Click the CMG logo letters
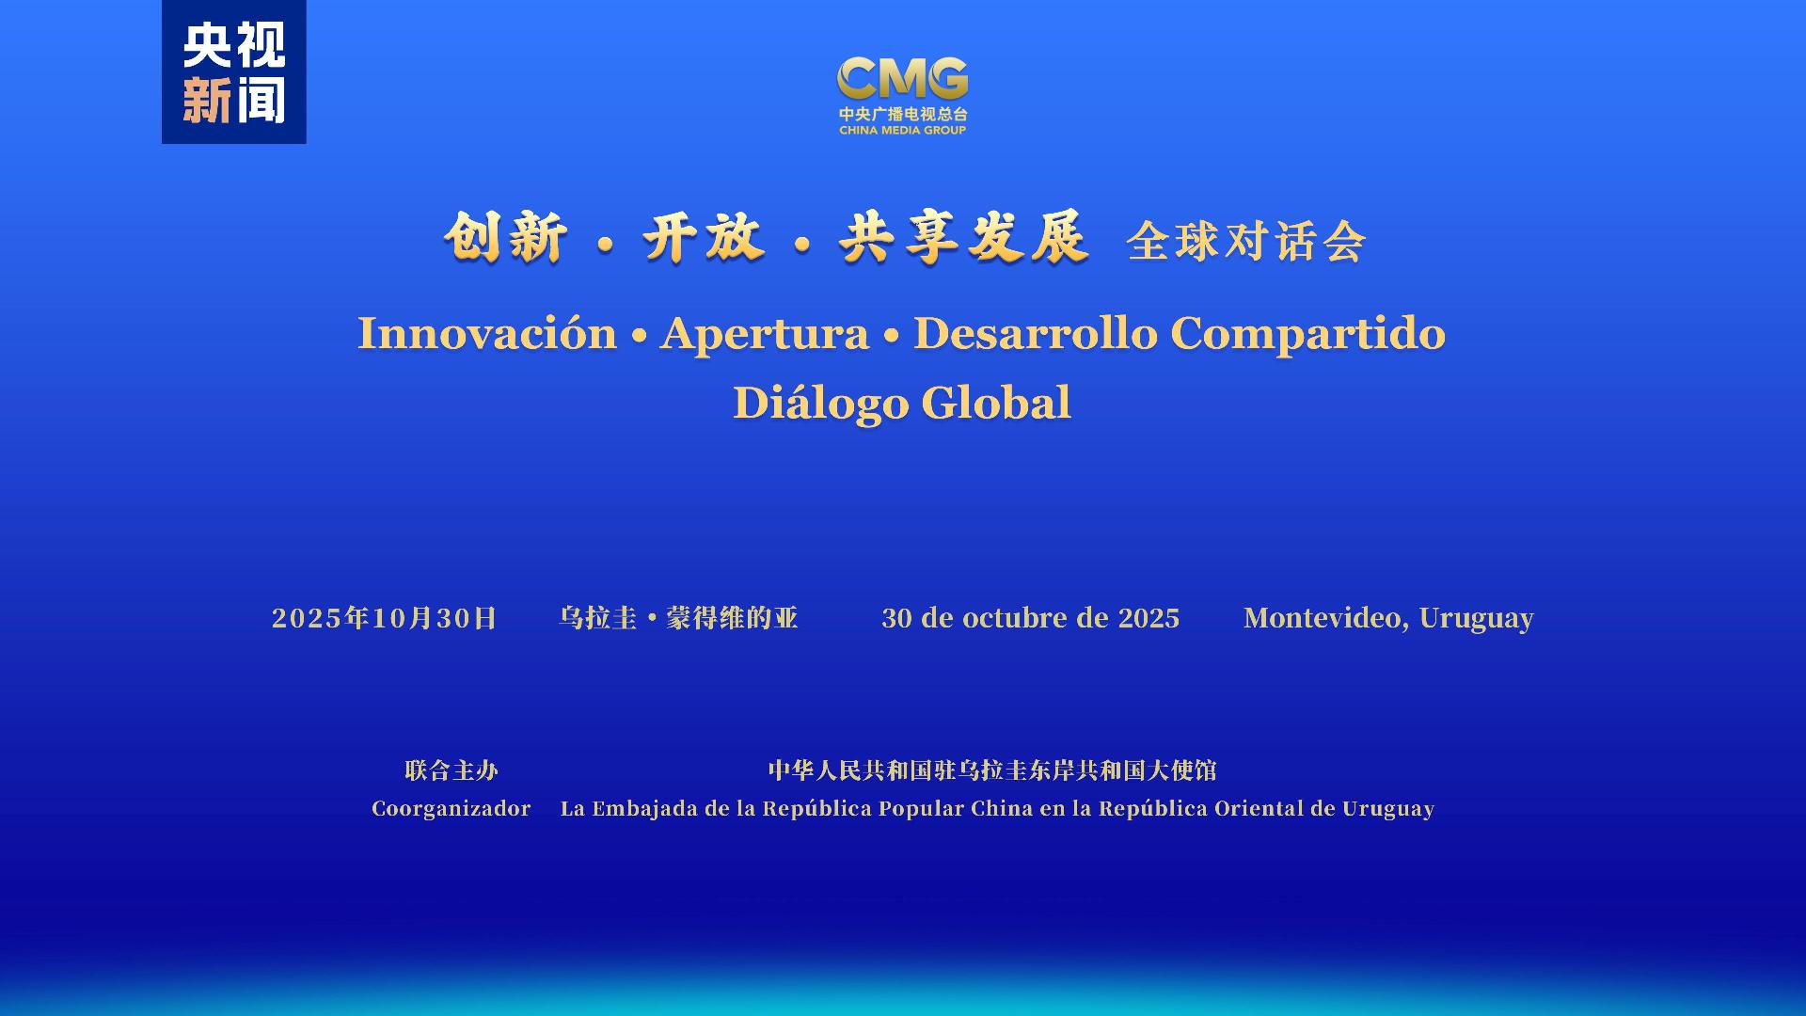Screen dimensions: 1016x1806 (902, 78)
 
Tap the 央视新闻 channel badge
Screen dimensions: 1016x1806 (234, 72)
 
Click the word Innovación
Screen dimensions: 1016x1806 (486, 334)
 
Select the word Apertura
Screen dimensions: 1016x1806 (764, 334)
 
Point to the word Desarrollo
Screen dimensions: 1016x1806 (1035, 334)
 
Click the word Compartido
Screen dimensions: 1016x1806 (1307, 334)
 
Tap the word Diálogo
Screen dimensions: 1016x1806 (820, 404)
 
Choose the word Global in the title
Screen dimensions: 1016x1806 (996, 404)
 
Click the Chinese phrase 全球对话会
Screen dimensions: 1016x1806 (1245, 242)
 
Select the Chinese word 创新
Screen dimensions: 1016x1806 (506, 237)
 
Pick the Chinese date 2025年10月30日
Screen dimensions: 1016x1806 (384, 618)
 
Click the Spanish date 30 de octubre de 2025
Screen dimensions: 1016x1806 (1030, 618)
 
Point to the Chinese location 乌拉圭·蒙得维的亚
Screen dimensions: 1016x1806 (678, 618)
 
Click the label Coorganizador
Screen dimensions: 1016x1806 (451, 809)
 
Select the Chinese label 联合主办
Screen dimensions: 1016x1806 (451, 770)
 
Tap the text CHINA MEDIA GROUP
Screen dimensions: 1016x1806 (902, 131)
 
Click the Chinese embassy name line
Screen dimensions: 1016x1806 (992, 770)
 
